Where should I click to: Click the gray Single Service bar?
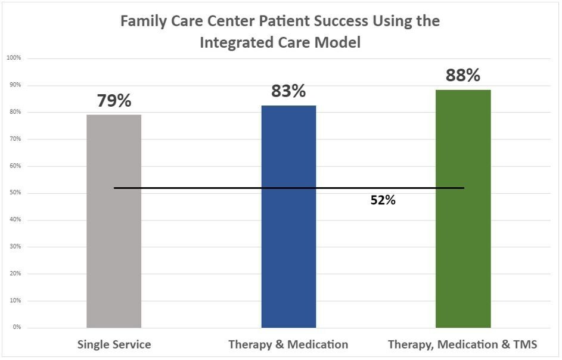114,221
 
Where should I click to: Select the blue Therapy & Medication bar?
288,216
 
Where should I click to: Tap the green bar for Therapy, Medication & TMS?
463,209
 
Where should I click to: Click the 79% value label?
114,101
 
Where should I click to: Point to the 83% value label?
288,91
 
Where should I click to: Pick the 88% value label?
463,75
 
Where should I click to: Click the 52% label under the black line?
383,200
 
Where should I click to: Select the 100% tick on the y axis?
14,58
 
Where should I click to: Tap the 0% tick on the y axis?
17,327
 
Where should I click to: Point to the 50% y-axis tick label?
15,193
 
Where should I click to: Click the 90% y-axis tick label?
15,85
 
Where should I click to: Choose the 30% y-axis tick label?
15,246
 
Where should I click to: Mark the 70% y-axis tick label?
15,139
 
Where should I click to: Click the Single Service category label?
114,345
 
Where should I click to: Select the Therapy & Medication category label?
288,345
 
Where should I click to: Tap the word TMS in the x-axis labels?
526,345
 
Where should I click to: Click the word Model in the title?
338,42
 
